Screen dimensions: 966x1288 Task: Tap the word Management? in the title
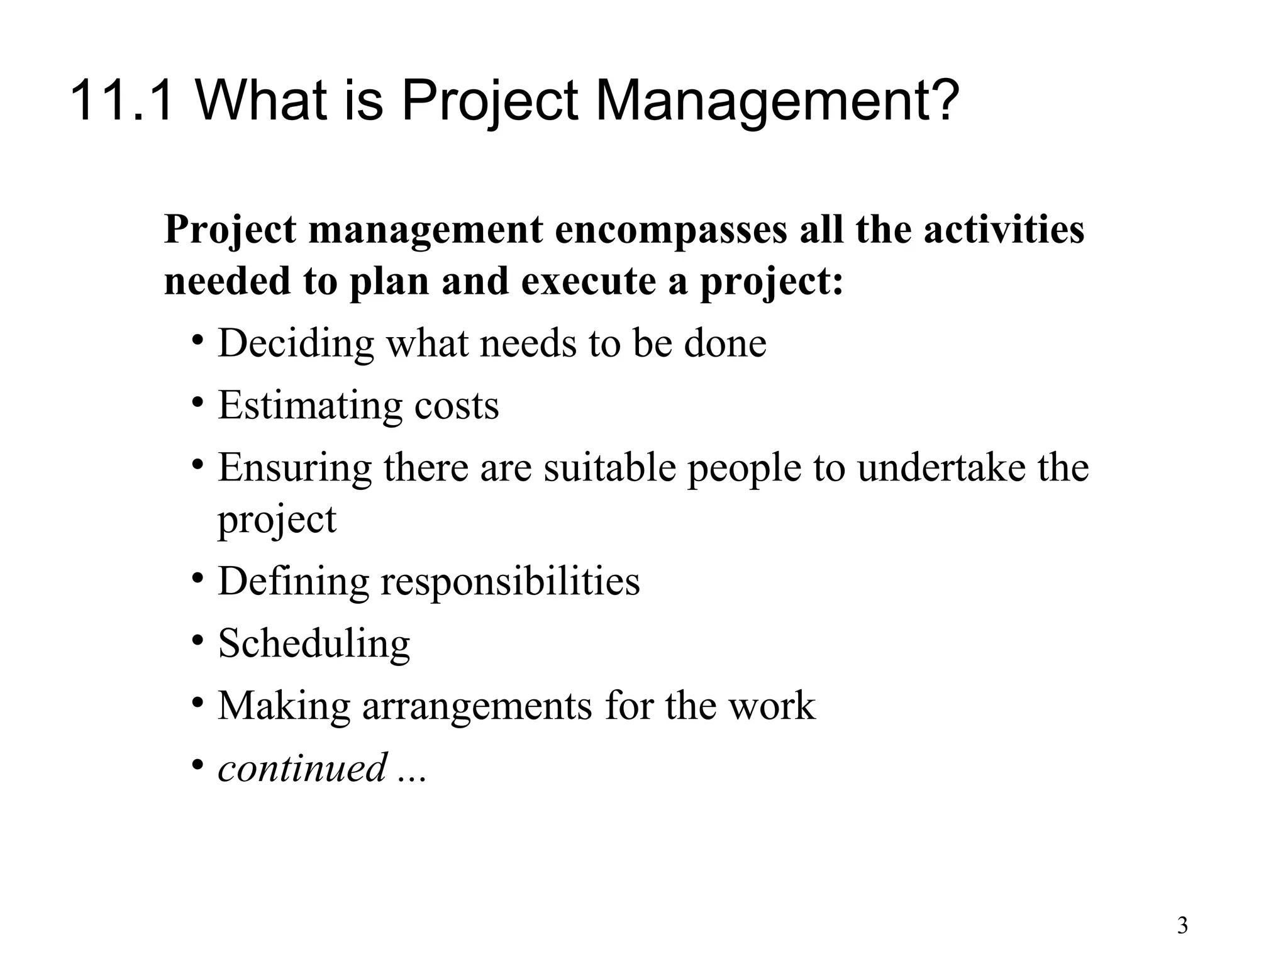tap(777, 101)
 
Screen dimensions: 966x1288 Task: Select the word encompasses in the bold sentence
tap(671, 230)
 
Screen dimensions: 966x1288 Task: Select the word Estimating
tap(309, 406)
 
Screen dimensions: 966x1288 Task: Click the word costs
tap(456, 406)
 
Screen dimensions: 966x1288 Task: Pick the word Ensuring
tap(294, 469)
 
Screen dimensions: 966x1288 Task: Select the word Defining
tap(293, 581)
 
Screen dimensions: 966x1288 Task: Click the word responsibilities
tap(510, 581)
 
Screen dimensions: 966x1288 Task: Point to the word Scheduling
tap(314, 644)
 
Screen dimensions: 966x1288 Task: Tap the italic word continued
tap(302, 768)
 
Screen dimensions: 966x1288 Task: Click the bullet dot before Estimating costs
tap(198, 402)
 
